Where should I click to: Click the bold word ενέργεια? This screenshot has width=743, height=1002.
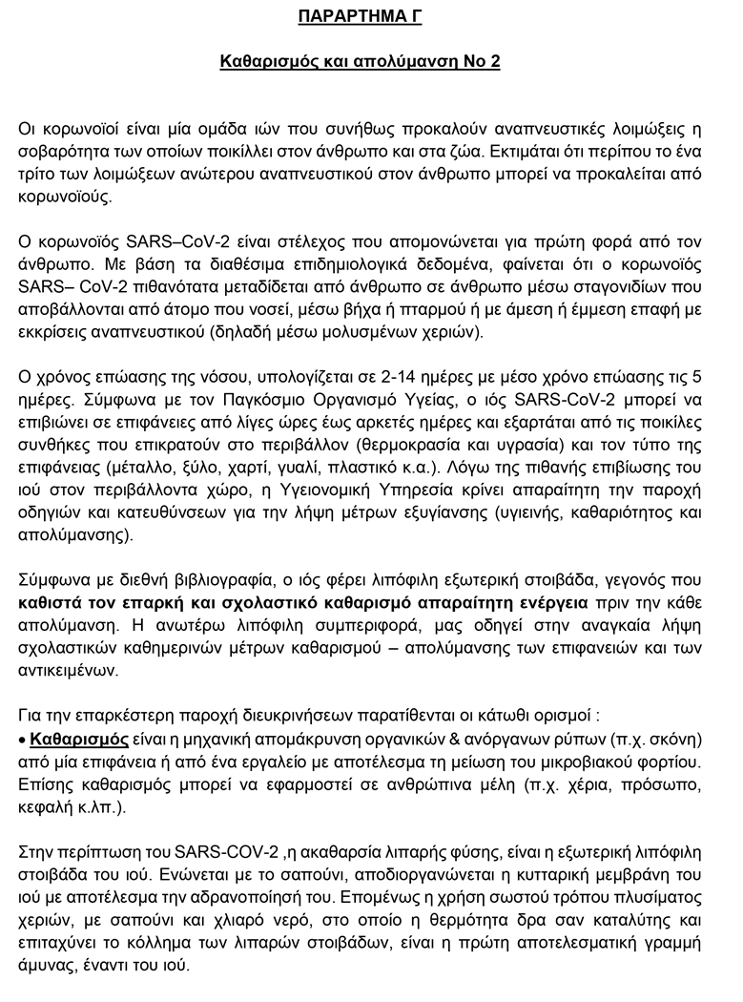pos(542,603)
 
